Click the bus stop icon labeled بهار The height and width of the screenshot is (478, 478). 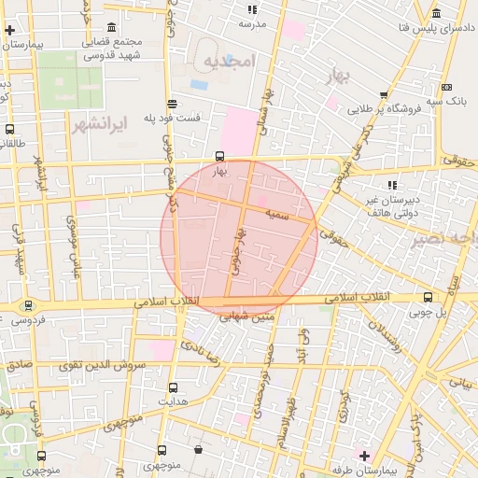[x=220, y=156]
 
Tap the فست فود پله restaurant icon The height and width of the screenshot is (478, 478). [x=171, y=104]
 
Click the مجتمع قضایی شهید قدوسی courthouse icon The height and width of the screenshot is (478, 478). [x=112, y=26]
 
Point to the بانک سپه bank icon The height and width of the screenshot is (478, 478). [x=446, y=87]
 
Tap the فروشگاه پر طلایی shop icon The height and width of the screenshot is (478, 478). [x=384, y=93]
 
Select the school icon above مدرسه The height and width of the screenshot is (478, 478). [x=252, y=9]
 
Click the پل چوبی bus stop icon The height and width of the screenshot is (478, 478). [x=428, y=297]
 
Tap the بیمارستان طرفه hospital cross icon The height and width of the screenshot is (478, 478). [x=364, y=456]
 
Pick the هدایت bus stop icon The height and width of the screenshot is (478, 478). [x=174, y=387]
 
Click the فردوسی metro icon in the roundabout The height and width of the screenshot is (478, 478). [x=28, y=304]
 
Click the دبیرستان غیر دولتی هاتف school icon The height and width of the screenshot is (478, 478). [x=392, y=185]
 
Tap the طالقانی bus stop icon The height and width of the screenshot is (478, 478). [x=9, y=130]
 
